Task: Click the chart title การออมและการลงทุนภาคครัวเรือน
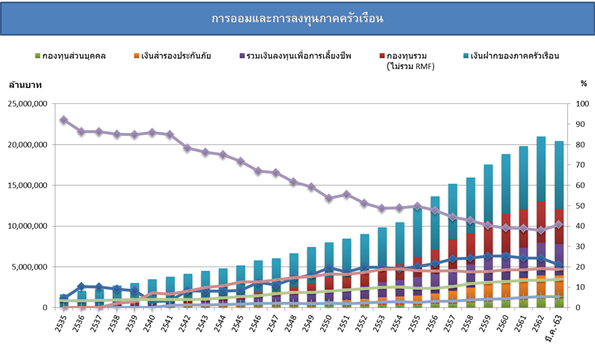[x=297, y=18]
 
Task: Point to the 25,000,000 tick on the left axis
[x=27, y=104]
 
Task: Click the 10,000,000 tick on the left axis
[x=27, y=226]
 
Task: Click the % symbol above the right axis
[x=584, y=84]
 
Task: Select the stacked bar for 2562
[x=541, y=223]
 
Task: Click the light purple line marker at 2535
[x=63, y=120]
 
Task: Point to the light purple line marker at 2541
[x=170, y=134]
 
